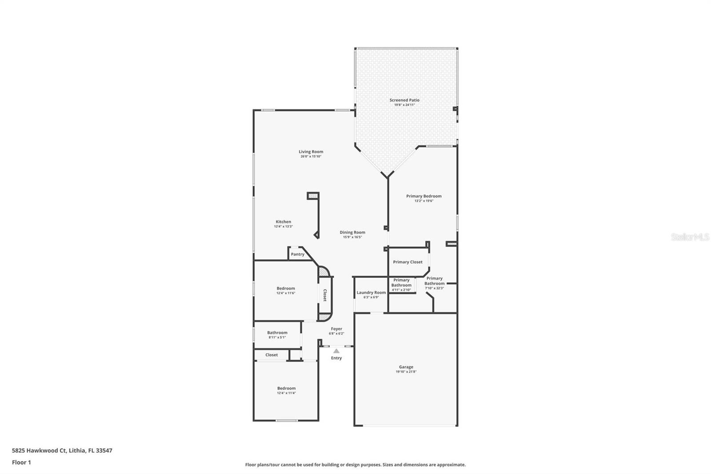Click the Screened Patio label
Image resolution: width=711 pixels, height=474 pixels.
click(x=404, y=100)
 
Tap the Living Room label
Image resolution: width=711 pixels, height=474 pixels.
click(x=311, y=152)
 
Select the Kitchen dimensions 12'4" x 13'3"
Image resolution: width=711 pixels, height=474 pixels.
click(x=283, y=226)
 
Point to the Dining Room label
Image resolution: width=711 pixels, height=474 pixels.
click(x=352, y=232)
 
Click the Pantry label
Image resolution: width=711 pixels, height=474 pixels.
click(x=297, y=254)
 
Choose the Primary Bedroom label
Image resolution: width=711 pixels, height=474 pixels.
click(x=423, y=196)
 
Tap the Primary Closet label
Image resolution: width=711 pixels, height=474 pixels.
click(x=407, y=262)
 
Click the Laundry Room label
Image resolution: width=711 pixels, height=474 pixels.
click(x=371, y=293)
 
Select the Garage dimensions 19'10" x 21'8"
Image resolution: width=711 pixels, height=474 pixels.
click(x=406, y=372)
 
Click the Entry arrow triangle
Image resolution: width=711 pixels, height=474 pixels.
click(x=336, y=351)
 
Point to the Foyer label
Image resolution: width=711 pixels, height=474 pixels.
click(x=336, y=329)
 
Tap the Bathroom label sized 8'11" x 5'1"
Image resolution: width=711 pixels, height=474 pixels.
click(x=277, y=333)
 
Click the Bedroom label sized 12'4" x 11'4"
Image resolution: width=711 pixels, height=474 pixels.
click(x=286, y=388)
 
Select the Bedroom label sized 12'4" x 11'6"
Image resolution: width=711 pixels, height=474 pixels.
click(x=286, y=288)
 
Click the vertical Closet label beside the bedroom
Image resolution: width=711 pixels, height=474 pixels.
click(x=325, y=295)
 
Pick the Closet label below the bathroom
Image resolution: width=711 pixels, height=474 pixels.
click(x=272, y=355)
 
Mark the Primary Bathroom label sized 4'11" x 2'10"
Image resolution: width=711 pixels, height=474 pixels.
click(x=401, y=282)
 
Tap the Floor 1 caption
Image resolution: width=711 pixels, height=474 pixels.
click(x=21, y=462)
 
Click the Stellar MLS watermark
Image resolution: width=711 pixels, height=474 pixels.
click(x=690, y=237)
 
